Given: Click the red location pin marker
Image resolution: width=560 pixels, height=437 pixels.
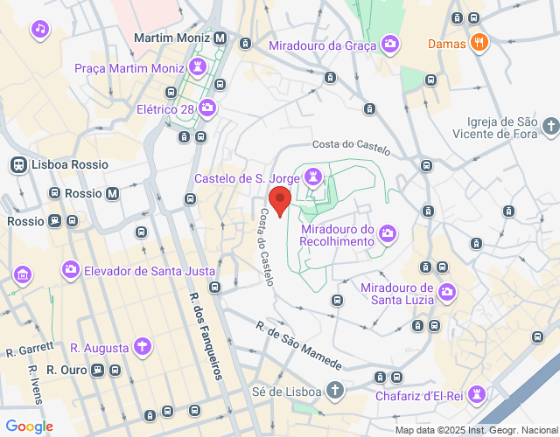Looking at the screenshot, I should [x=280, y=199].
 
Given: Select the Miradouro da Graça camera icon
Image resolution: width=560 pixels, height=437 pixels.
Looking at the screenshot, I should [x=390, y=45].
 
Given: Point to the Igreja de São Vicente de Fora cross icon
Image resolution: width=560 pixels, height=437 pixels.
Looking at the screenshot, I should [x=549, y=128].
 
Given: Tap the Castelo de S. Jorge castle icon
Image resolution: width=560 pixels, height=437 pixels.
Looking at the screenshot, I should [x=313, y=179].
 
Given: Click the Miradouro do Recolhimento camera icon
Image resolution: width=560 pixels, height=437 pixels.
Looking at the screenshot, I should [x=388, y=233].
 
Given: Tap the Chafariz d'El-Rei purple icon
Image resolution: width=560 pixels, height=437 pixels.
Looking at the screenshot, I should [x=477, y=394].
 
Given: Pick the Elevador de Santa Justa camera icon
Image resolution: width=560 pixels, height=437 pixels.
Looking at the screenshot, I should [x=69, y=270].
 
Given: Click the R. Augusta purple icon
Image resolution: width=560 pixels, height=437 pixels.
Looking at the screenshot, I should [x=141, y=348].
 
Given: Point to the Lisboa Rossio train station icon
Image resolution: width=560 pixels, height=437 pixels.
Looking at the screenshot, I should [x=17, y=164].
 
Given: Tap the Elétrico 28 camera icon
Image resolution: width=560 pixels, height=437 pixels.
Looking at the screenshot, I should [x=206, y=109].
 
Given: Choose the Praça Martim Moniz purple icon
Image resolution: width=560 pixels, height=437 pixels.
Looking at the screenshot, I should [x=199, y=67].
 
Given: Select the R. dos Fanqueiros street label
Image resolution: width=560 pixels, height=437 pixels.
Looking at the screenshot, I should [x=204, y=332].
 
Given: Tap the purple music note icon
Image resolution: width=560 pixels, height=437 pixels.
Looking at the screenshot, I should [x=39, y=31].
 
